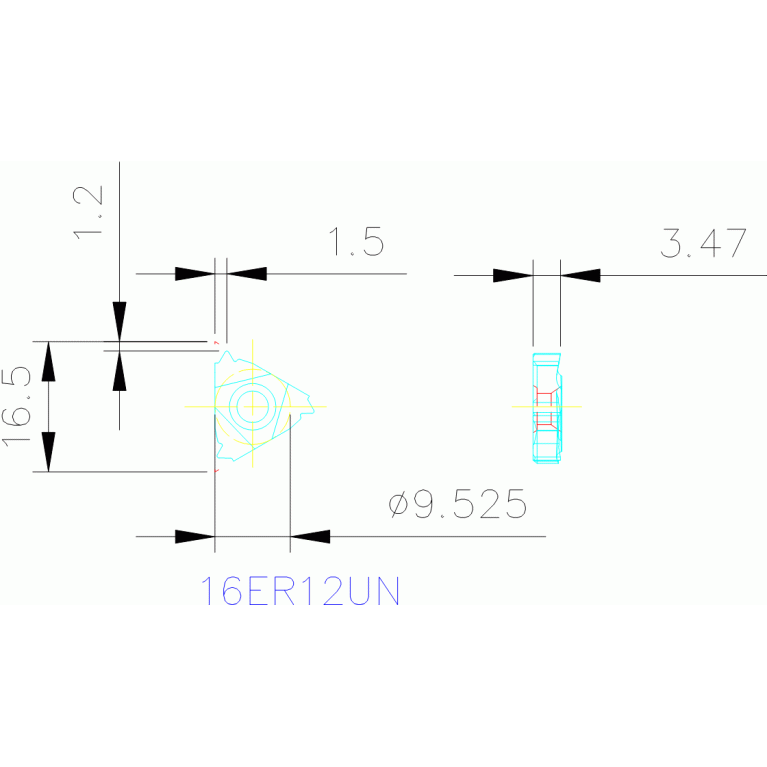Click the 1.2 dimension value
coord(88,212)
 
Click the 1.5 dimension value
coord(357,242)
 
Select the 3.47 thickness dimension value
coord(703,243)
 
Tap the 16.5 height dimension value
coord(16,407)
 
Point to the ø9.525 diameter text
coord(458,504)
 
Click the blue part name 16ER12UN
coord(300,591)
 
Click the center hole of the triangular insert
coord(252,406)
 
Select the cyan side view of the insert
coord(547,407)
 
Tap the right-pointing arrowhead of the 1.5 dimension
coord(195,274)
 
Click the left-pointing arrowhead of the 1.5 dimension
coord(247,274)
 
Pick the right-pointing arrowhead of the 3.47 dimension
coord(513,275)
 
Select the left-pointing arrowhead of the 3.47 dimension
coord(581,275)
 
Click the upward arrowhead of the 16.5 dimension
coord(48,361)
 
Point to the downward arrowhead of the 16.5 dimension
coord(48,452)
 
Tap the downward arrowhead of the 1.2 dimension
coord(119,321)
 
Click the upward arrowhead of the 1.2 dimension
coord(119,371)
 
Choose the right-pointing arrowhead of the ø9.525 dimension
coord(195,537)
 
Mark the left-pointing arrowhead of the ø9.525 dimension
coord(310,537)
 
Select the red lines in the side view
coord(546,408)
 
